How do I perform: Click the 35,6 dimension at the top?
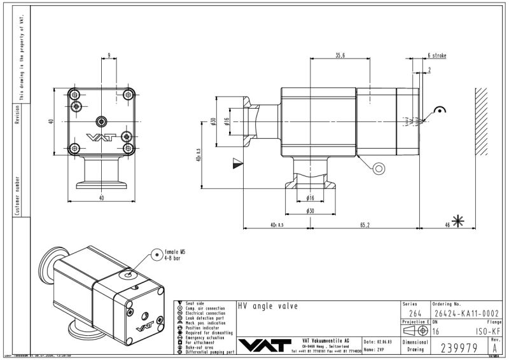coord(340,56)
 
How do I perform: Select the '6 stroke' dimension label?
coord(436,56)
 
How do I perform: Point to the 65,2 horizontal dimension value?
coord(365,225)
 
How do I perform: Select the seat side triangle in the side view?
coord(238,163)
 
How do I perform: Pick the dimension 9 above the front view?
coord(109,56)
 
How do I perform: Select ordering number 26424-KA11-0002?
coord(465,314)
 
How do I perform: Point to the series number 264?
coord(414,314)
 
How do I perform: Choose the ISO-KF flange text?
coord(487,331)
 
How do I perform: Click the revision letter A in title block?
coord(495,348)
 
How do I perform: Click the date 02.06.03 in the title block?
coord(382,342)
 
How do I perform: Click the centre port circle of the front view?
coord(101,121)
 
